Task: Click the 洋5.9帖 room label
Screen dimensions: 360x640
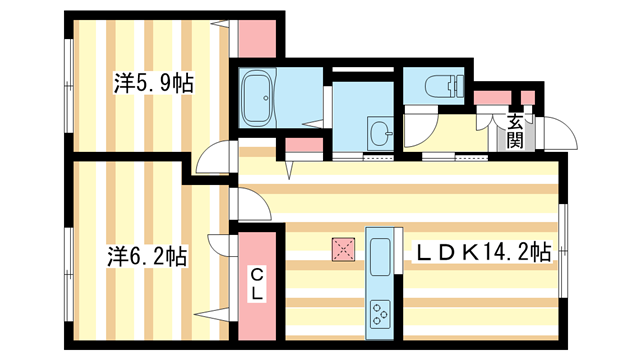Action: (x=153, y=84)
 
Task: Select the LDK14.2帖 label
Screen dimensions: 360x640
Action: (x=483, y=251)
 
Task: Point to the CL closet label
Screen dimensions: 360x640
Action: (x=257, y=283)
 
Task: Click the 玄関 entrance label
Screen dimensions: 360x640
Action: (x=514, y=131)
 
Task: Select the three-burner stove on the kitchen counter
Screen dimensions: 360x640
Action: (x=381, y=315)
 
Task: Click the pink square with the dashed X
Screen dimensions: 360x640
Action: (x=343, y=249)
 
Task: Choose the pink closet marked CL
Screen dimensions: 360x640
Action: (x=257, y=289)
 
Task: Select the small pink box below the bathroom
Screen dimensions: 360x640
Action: (x=304, y=147)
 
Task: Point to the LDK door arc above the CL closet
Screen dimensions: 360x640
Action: (x=253, y=205)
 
